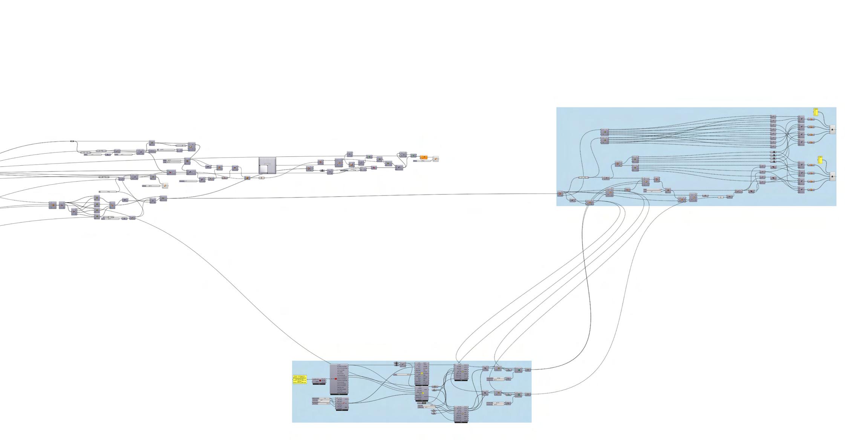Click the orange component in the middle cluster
coord(424,157)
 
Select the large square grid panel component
coord(267,165)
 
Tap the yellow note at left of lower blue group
coord(300,379)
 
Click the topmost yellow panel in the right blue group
coord(816,112)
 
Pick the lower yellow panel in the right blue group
coord(820,160)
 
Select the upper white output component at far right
coord(832,130)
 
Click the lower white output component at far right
coord(832,176)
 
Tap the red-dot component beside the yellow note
coord(319,380)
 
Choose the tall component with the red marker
coord(339,379)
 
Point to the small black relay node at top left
coord(72,141)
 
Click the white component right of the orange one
coord(435,159)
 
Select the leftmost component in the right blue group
coord(560,194)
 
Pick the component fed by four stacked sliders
coord(342,403)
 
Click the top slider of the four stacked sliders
coord(320,398)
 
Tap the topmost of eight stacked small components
coord(773,117)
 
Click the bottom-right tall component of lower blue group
coord(461,414)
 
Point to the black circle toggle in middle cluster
coord(322,171)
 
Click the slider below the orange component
coord(420,161)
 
